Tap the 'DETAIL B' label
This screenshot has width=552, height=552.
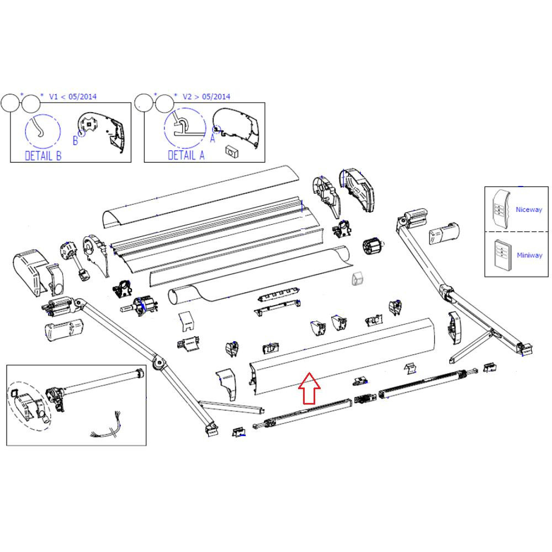pos(43,156)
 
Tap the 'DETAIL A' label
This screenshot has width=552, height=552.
pos(186,156)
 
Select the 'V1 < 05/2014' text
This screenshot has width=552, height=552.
pos(72,97)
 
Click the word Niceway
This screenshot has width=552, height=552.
pos(528,210)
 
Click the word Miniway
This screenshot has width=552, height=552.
pos(529,255)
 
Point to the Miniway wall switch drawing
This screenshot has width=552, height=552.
pos(502,253)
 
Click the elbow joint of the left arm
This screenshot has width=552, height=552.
pos(159,362)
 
